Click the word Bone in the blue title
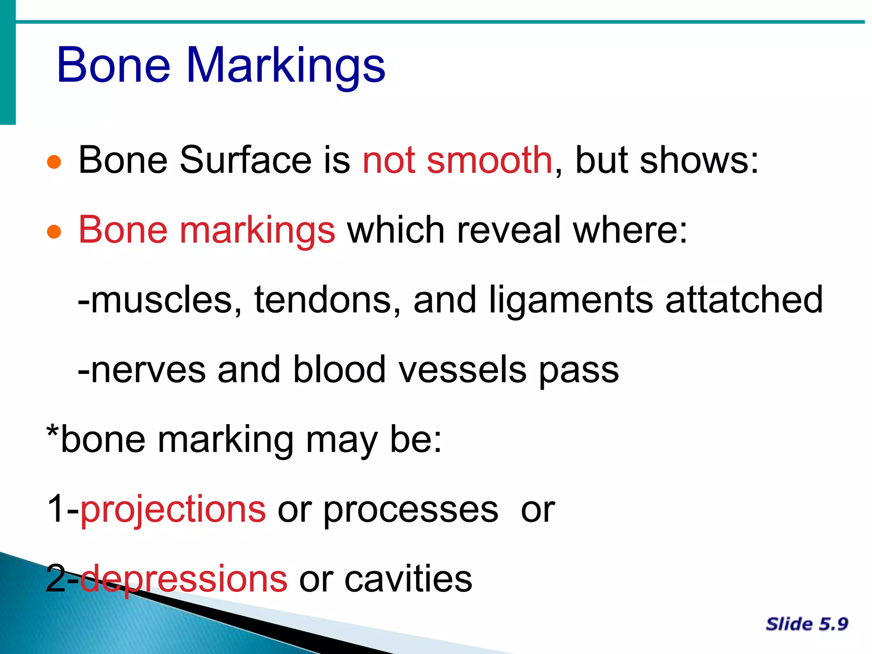click(114, 66)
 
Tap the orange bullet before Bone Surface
click(54, 162)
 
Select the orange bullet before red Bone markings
click(54, 232)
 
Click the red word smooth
click(489, 161)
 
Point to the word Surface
click(246, 161)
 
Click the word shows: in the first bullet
click(699, 161)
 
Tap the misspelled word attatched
click(744, 300)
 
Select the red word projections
click(173, 510)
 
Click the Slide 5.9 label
click(806, 624)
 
